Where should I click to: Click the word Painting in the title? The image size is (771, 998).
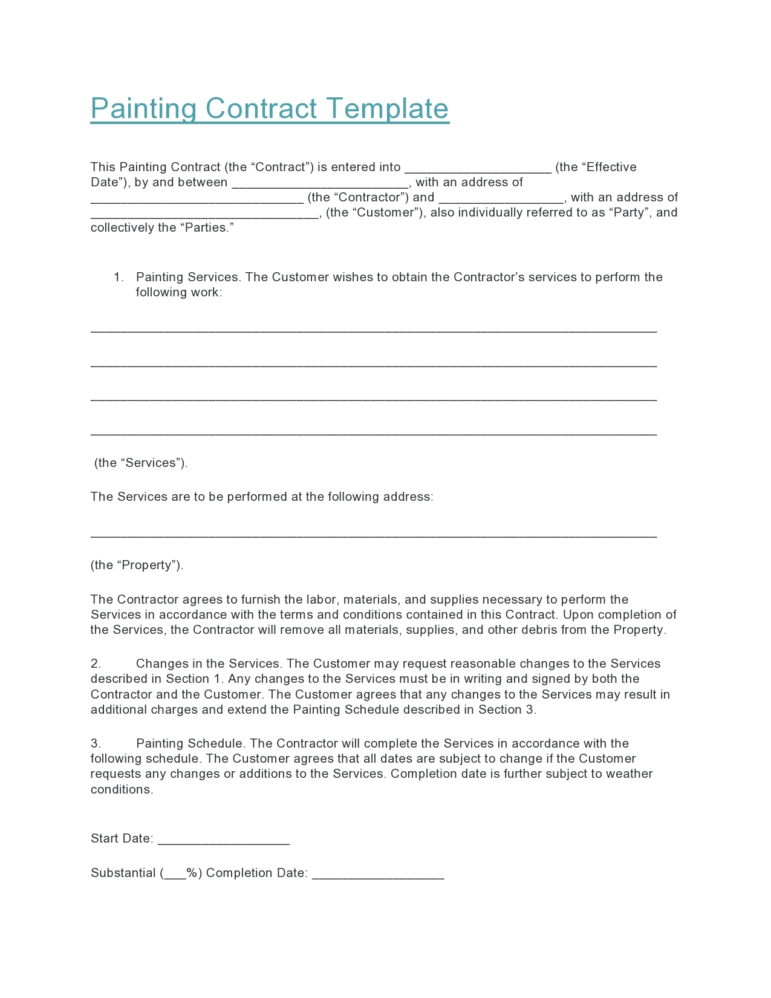(x=144, y=109)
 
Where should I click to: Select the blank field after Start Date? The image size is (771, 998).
(x=223, y=841)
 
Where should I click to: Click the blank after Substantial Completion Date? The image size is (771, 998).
(x=378, y=875)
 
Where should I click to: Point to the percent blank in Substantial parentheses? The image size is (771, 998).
(x=175, y=875)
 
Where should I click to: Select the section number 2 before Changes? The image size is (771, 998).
(x=96, y=664)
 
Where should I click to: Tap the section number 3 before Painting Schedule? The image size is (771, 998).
(x=96, y=743)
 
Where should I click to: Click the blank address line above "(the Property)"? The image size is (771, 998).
(x=373, y=535)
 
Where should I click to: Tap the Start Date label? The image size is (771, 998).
(x=122, y=838)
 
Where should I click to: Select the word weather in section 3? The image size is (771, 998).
(x=629, y=774)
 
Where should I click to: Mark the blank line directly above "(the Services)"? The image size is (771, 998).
(x=373, y=433)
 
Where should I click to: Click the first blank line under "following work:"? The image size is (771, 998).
(x=373, y=330)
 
